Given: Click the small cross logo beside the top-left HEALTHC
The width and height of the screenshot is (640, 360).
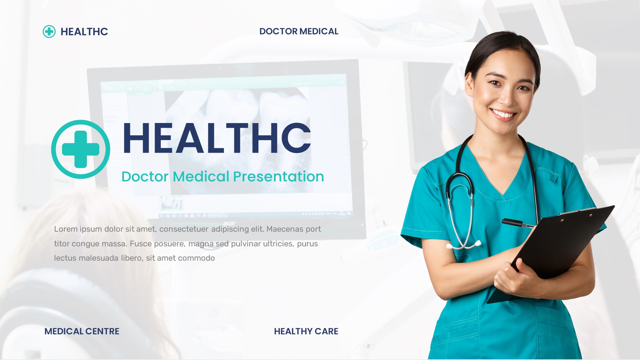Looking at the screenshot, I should click(x=49, y=32).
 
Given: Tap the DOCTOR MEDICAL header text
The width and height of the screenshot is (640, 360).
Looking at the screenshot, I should click(x=299, y=31).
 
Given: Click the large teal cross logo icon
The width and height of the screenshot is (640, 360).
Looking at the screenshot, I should click(x=81, y=149).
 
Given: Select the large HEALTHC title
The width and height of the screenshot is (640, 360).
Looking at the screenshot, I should click(x=217, y=138).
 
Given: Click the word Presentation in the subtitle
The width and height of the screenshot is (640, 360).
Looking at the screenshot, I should click(x=278, y=177).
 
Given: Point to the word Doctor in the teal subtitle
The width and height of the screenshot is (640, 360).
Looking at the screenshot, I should click(x=145, y=177).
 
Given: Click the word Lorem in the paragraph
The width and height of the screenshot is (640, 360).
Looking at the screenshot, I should click(x=66, y=229).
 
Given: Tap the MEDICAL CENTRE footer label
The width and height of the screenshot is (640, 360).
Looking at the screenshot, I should click(x=82, y=331).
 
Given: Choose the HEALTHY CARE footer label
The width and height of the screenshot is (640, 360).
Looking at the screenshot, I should click(x=306, y=331).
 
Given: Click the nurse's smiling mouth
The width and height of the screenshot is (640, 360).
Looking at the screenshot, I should click(x=503, y=114).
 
